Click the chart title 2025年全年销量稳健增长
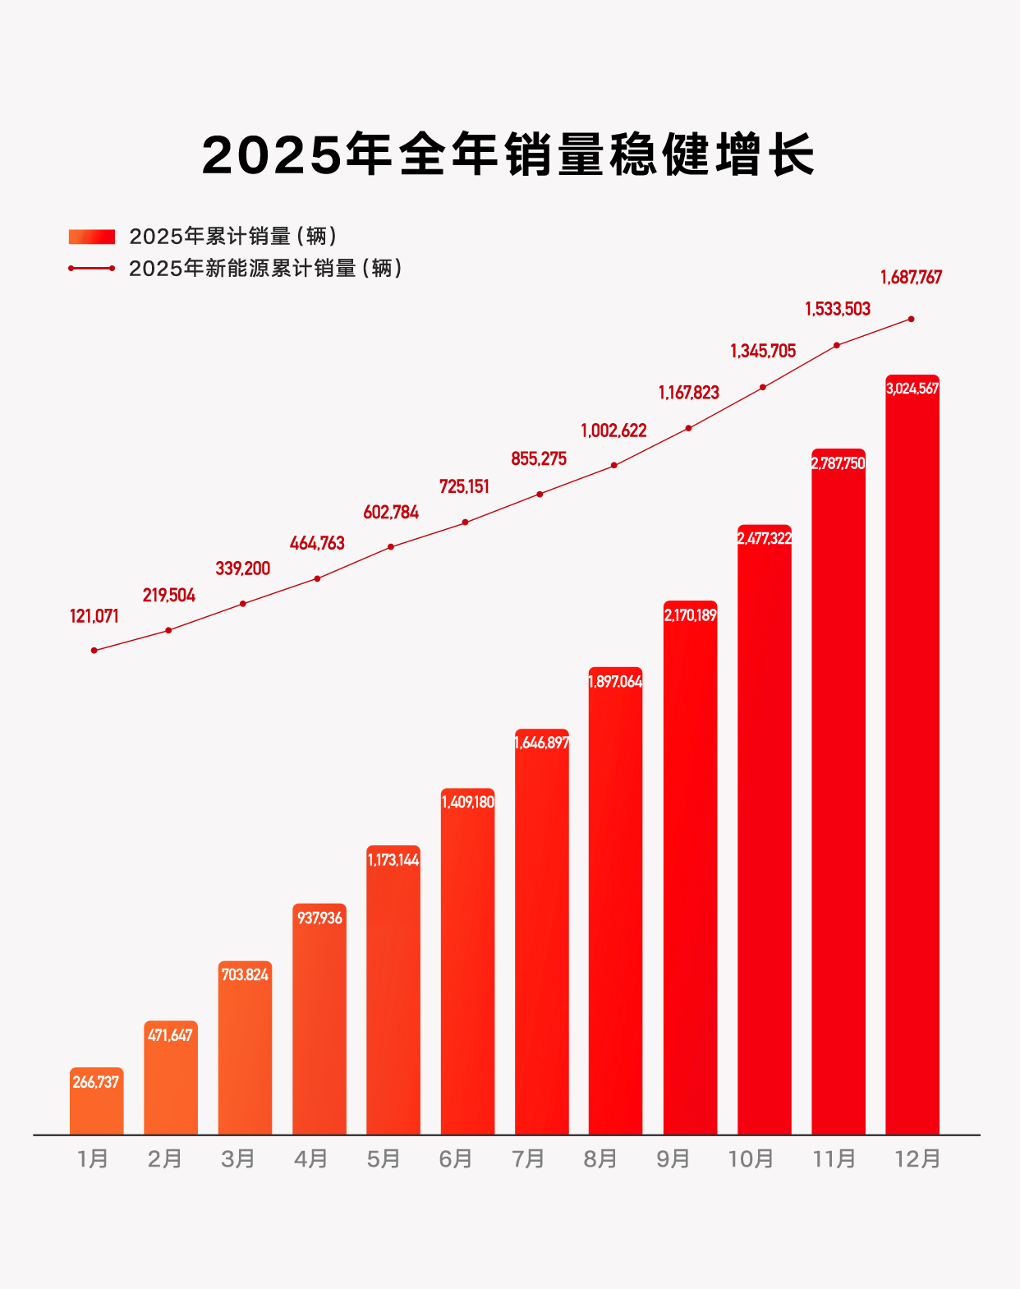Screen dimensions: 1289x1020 coord(508,154)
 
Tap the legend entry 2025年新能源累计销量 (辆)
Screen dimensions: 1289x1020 coord(265,269)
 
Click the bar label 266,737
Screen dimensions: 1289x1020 coord(96,1082)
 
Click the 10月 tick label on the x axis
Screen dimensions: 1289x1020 coord(751,1159)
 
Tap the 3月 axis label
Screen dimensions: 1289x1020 coord(237,1159)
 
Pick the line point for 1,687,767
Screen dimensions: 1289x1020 coord(911,319)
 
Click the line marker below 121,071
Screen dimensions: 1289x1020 coord(94,650)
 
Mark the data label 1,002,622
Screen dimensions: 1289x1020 coord(613,430)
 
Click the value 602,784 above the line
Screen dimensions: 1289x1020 coord(391,513)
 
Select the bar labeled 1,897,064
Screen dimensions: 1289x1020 coord(615,904)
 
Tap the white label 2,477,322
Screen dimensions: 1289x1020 coord(765,538)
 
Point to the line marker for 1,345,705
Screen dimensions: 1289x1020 coord(763,387)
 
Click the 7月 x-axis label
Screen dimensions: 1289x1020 coord(528,1159)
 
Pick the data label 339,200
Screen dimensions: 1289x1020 coord(242,569)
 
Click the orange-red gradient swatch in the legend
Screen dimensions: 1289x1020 coord(92,237)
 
